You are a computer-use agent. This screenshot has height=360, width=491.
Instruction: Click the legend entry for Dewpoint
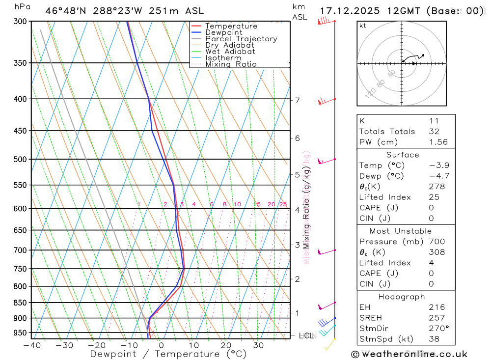(x=223, y=32)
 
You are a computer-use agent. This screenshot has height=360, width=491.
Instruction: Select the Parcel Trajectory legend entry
(x=241, y=39)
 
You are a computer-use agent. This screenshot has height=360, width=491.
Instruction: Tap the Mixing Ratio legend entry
(x=231, y=64)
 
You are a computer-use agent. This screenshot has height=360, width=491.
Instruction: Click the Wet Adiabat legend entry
(x=230, y=52)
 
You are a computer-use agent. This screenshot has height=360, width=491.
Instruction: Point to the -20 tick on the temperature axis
(x=96, y=345)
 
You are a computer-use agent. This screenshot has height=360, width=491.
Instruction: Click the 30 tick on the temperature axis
(x=258, y=345)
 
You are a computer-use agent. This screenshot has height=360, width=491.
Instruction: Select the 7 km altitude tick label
(x=297, y=101)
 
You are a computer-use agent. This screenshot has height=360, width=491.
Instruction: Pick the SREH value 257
(x=436, y=318)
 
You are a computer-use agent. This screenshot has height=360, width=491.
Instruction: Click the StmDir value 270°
(x=437, y=329)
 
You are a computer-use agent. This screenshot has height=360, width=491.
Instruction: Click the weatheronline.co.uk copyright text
(x=409, y=354)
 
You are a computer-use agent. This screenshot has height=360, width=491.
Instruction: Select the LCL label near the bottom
(x=305, y=336)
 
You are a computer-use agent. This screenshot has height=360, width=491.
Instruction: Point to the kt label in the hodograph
(x=363, y=26)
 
